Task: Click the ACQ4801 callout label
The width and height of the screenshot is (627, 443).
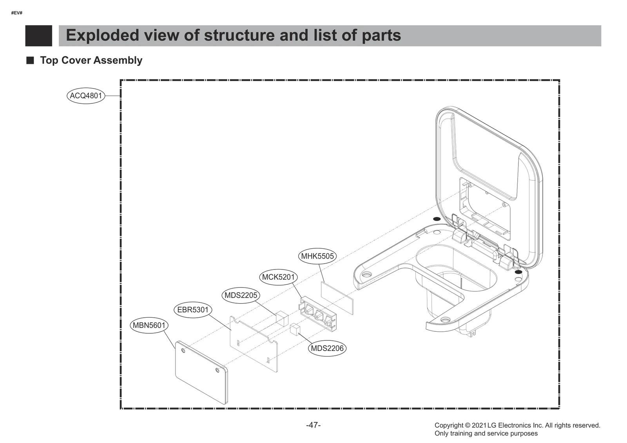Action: [x=86, y=96]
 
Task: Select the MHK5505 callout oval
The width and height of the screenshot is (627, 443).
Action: [x=317, y=256]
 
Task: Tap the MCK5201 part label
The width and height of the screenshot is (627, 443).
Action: [x=278, y=277]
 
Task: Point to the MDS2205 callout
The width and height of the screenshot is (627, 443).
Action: [x=241, y=295]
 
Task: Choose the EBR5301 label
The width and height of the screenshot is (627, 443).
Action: [x=193, y=310]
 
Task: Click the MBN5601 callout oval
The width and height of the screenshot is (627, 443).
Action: [x=149, y=325]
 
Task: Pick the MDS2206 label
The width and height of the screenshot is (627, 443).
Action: [x=327, y=348]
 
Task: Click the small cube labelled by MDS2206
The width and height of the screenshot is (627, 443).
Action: [x=295, y=329]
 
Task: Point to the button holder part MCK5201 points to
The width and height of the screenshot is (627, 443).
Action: [x=318, y=314]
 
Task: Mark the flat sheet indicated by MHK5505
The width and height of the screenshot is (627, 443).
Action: [x=337, y=297]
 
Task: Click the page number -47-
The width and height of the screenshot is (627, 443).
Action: [x=313, y=425]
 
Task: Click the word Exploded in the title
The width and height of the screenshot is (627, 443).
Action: [x=102, y=35]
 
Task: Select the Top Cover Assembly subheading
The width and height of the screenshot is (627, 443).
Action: [x=91, y=60]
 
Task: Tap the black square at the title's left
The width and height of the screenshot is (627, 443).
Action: [x=38, y=36]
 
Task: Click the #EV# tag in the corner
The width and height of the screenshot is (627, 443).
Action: [x=17, y=13]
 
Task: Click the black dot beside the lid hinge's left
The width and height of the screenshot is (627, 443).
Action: [x=437, y=219]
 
